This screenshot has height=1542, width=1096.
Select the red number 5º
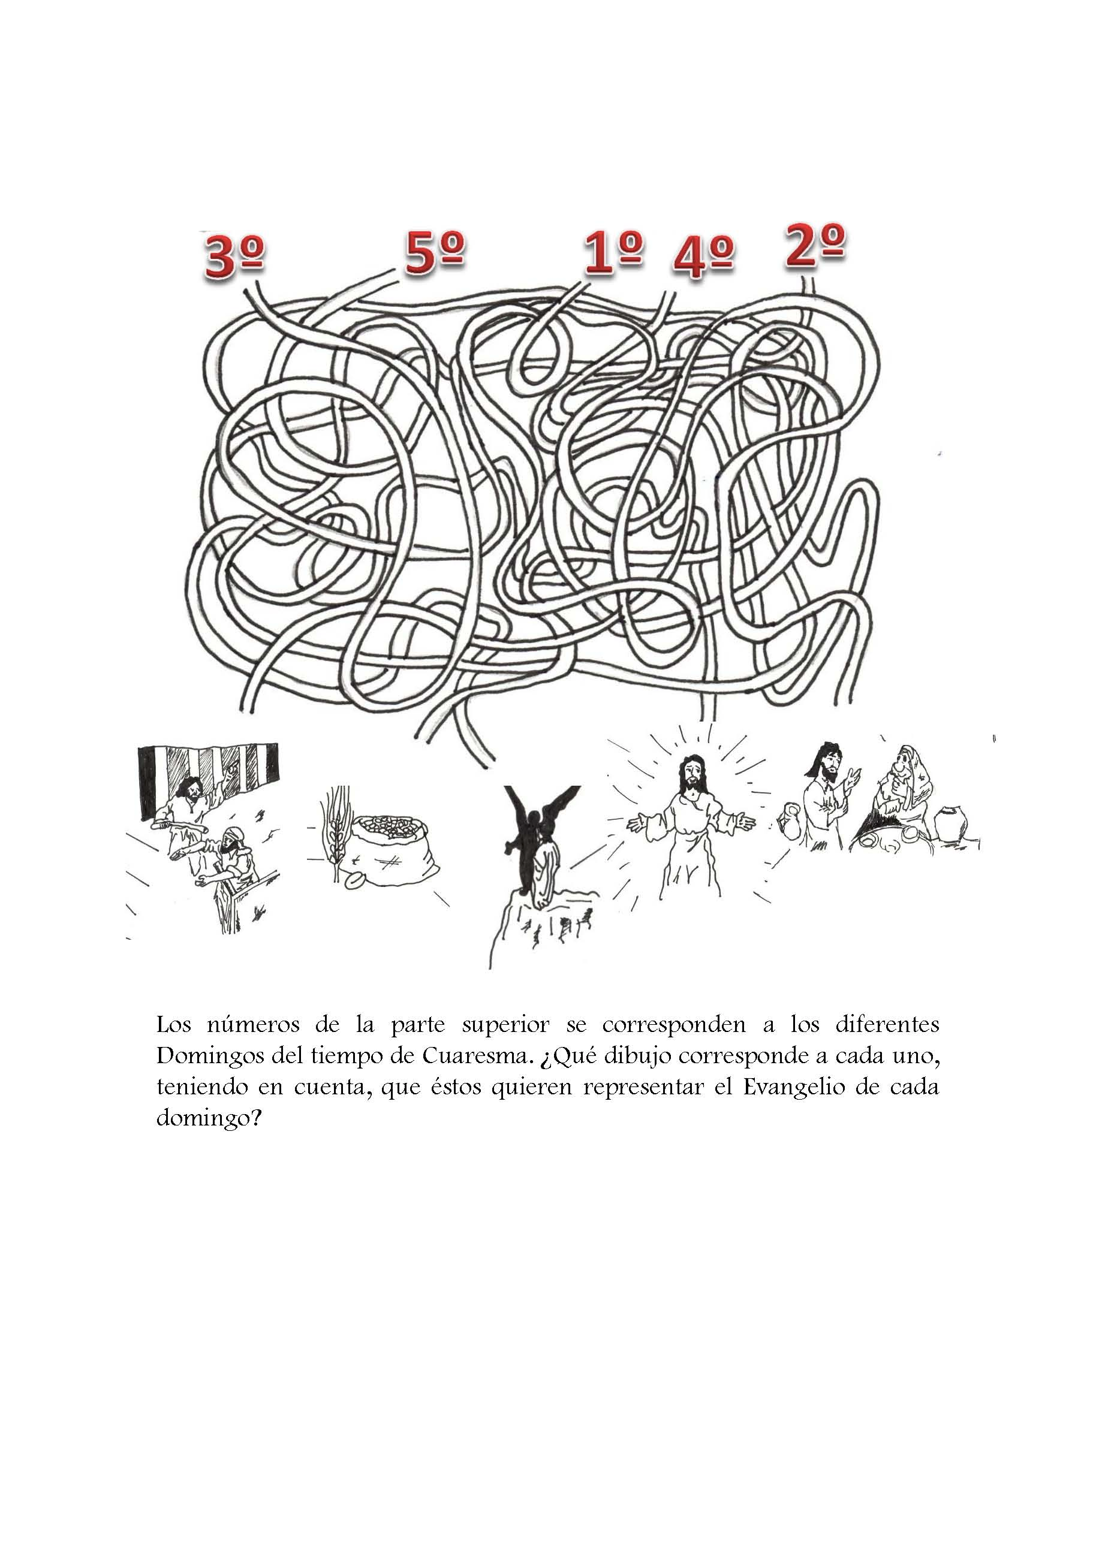tap(435, 253)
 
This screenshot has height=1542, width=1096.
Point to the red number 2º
tap(815, 247)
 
